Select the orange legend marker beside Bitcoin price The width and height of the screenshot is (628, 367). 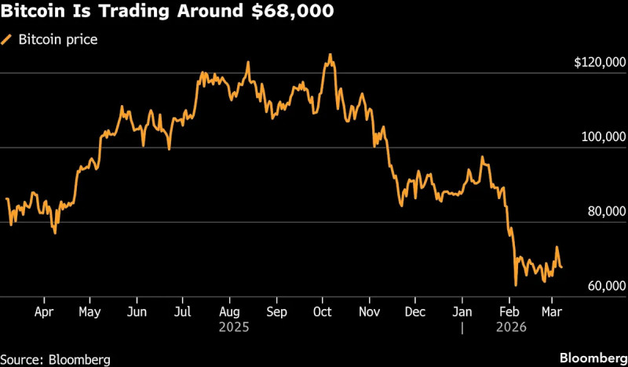click(x=8, y=39)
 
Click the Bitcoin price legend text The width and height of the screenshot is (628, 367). click(x=58, y=39)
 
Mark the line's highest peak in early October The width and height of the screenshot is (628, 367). click(x=330, y=55)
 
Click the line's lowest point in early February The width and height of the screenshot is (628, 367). click(x=515, y=285)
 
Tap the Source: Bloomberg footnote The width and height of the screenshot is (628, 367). click(x=55, y=359)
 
